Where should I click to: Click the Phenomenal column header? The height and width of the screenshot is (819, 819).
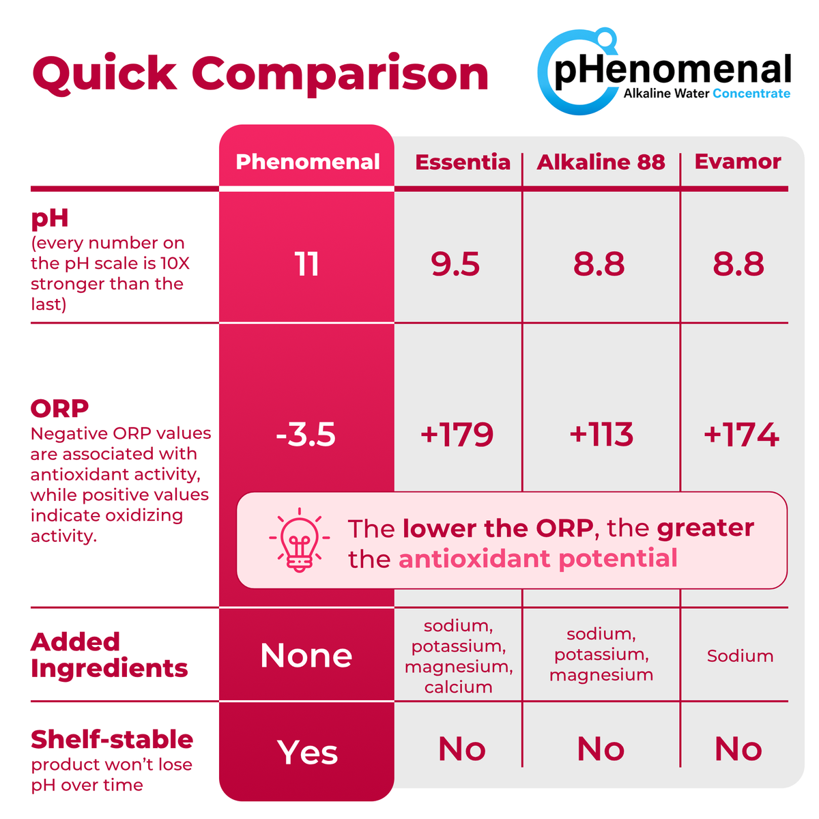[307, 162]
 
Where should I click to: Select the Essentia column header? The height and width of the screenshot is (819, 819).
[463, 162]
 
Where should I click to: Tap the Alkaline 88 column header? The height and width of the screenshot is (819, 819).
[601, 162]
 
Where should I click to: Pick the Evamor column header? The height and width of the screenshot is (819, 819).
[737, 162]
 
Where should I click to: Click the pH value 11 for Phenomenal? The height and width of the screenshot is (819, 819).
[306, 264]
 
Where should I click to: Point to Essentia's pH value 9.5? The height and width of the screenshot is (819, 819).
[455, 264]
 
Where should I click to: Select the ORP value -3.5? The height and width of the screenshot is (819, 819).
[306, 434]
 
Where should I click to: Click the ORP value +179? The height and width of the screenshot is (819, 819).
[457, 434]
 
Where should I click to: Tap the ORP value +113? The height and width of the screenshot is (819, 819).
[601, 434]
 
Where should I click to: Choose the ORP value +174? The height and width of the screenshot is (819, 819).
[741, 434]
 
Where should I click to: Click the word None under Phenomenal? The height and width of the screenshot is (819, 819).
[306, 655]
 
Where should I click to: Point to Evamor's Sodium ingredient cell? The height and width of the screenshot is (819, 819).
[740, 656]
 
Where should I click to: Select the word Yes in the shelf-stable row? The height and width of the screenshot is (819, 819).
[307, 752]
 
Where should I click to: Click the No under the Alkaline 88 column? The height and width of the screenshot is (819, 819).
[601, 749]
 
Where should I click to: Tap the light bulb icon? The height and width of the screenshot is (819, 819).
[299, 540]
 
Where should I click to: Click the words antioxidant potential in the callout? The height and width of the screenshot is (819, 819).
[538, 558]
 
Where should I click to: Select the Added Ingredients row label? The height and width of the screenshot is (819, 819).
[109, 655]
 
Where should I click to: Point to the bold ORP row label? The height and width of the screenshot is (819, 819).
[59, 408]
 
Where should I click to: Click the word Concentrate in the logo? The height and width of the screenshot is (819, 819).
[751, 94]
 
